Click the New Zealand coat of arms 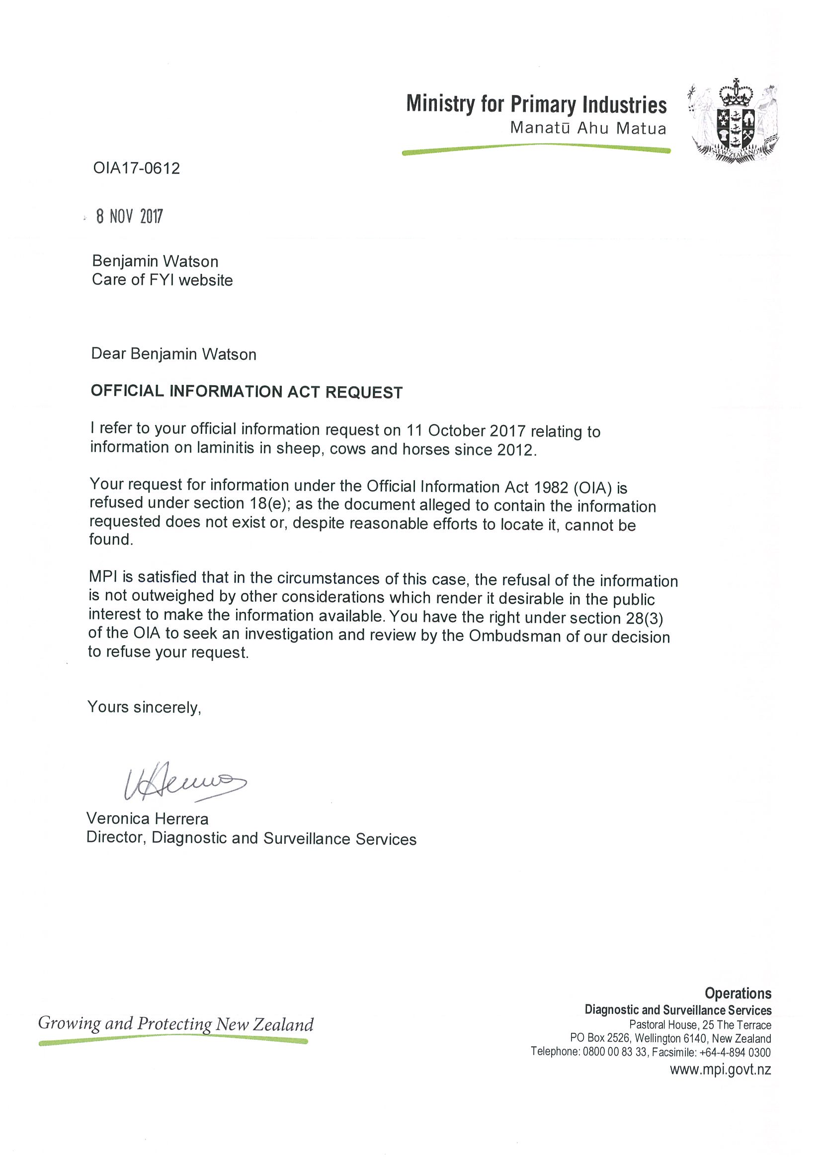click(733, 121)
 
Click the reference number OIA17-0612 click(136, 168)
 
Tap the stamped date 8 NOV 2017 click(130, 216)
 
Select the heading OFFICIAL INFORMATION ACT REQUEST click(246, 392)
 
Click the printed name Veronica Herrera click(148, 819)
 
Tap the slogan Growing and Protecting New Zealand click(176, 1024)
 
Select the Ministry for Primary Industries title click(536, 104)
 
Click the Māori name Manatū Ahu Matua click(588, 128)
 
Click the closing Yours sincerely click(144, 707)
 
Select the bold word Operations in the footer click(738, 994)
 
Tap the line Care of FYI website click(162, 280)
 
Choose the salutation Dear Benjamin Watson click(174, 354)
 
